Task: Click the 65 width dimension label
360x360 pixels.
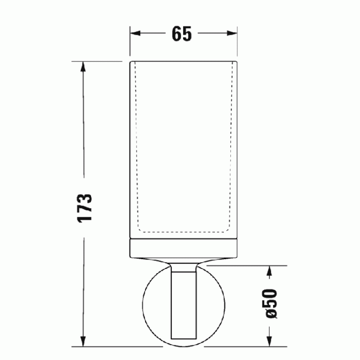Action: pyautogui.click(x=181, y=34)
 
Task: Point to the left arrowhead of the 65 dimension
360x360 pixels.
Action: pyautogui.click(x=135, y=33)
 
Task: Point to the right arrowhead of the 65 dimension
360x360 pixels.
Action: pyautogui.click(x=232, y=33)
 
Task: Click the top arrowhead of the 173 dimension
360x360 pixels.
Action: pyautogui.click(x=83, y=67)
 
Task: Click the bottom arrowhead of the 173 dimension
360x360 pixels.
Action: pyautogui.click(x=83, y=341)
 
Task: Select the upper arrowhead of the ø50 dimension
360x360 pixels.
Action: pyautogui.click(x=269, y=271)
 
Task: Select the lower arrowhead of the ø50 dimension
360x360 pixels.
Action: pyautogui.click(x=269, y=341)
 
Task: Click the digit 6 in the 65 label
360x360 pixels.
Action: pyautogui.click(x=176, y=34)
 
